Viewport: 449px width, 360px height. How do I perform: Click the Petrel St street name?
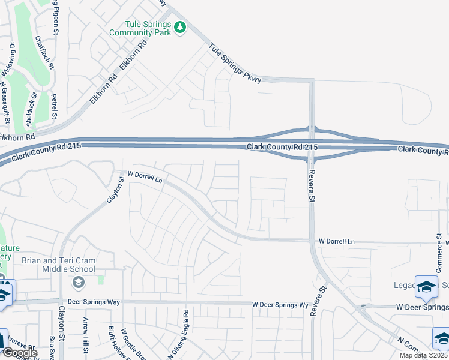[x=54, y=105]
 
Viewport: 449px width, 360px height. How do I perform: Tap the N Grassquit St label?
[x=5, y=103]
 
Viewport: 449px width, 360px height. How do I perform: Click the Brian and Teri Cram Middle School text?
[x=58, y=265]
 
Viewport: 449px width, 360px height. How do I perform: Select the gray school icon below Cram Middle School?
[x=77, y=282]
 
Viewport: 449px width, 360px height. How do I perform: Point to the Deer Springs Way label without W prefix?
[x=88, y=302]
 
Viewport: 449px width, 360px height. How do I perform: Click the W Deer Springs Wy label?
[x=280, y=305]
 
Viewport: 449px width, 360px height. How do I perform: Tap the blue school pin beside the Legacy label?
[x=426, y=288]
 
